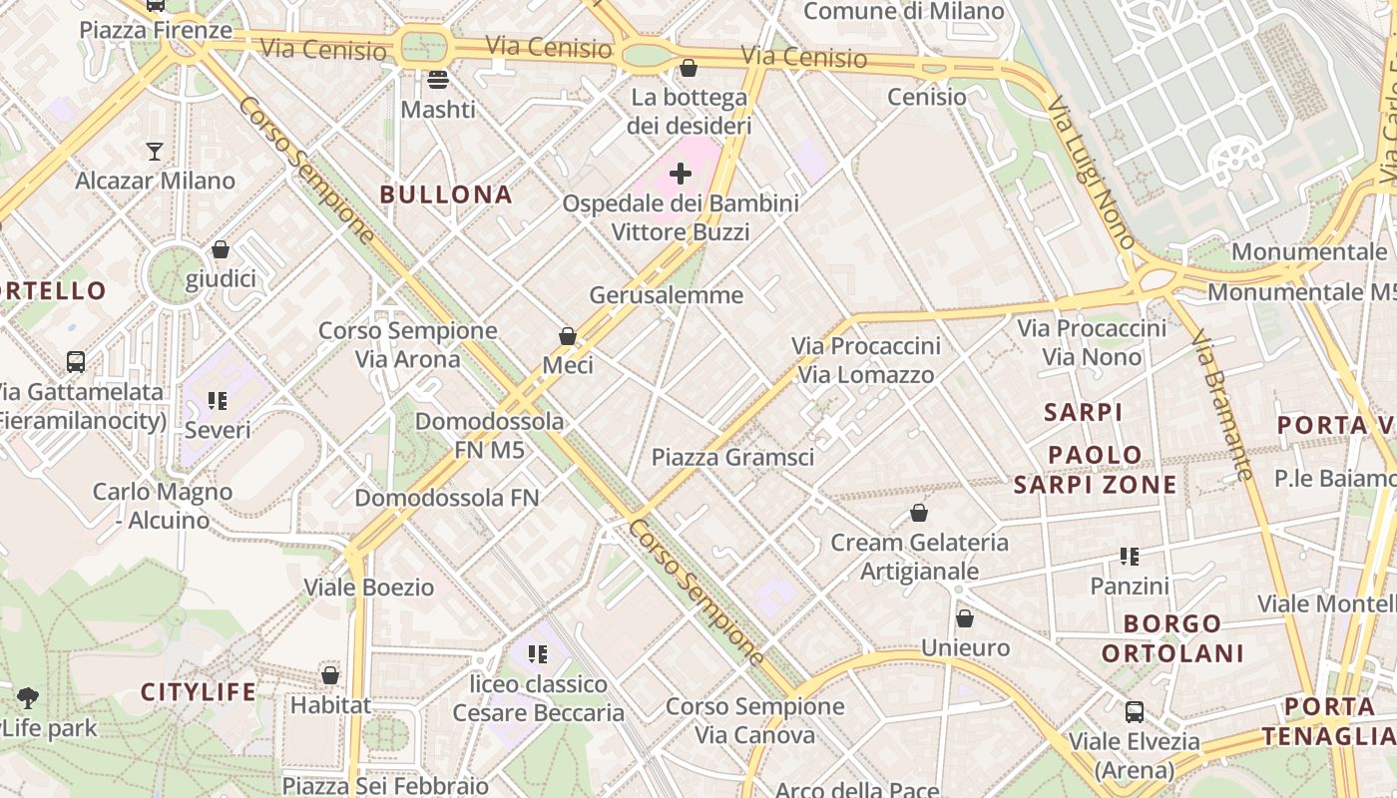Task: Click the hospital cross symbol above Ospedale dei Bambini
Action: pyautogui.click(x=681, y=174)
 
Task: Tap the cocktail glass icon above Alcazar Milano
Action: pyautogui.click(x=155, y=152)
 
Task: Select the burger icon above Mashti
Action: pyautogui.click(x=437, y=80)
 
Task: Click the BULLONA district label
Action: pyautogui.click(x=446, y=195)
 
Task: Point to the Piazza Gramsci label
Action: pyautogui.click(x=732, y=457)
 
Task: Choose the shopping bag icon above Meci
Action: pyautogui.click(x=568, y=336)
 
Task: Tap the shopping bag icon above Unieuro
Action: pyautogui.click(x=964, y=618)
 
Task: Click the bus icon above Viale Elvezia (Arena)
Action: pyautogui.click(x=1135, y=712)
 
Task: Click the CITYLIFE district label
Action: pyautogui.click(x=199, y=691)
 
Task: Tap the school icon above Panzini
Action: pyautogui.click(x=1130, y=556)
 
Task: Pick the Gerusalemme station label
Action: pyautogui.click(x=667, y=294)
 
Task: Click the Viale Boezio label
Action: pyautogui.click(x=369, y=587)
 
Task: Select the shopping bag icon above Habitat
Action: pyautogui.click(x=330, y=675)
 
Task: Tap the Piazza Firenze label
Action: pyautogui.click(x=156, y=30)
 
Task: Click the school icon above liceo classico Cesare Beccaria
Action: pyautogui.click(x=538, y=654)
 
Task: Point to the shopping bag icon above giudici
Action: pyautogui.click(x=221, y=249)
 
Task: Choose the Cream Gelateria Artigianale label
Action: pyautogui.click(x=919, y=557)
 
